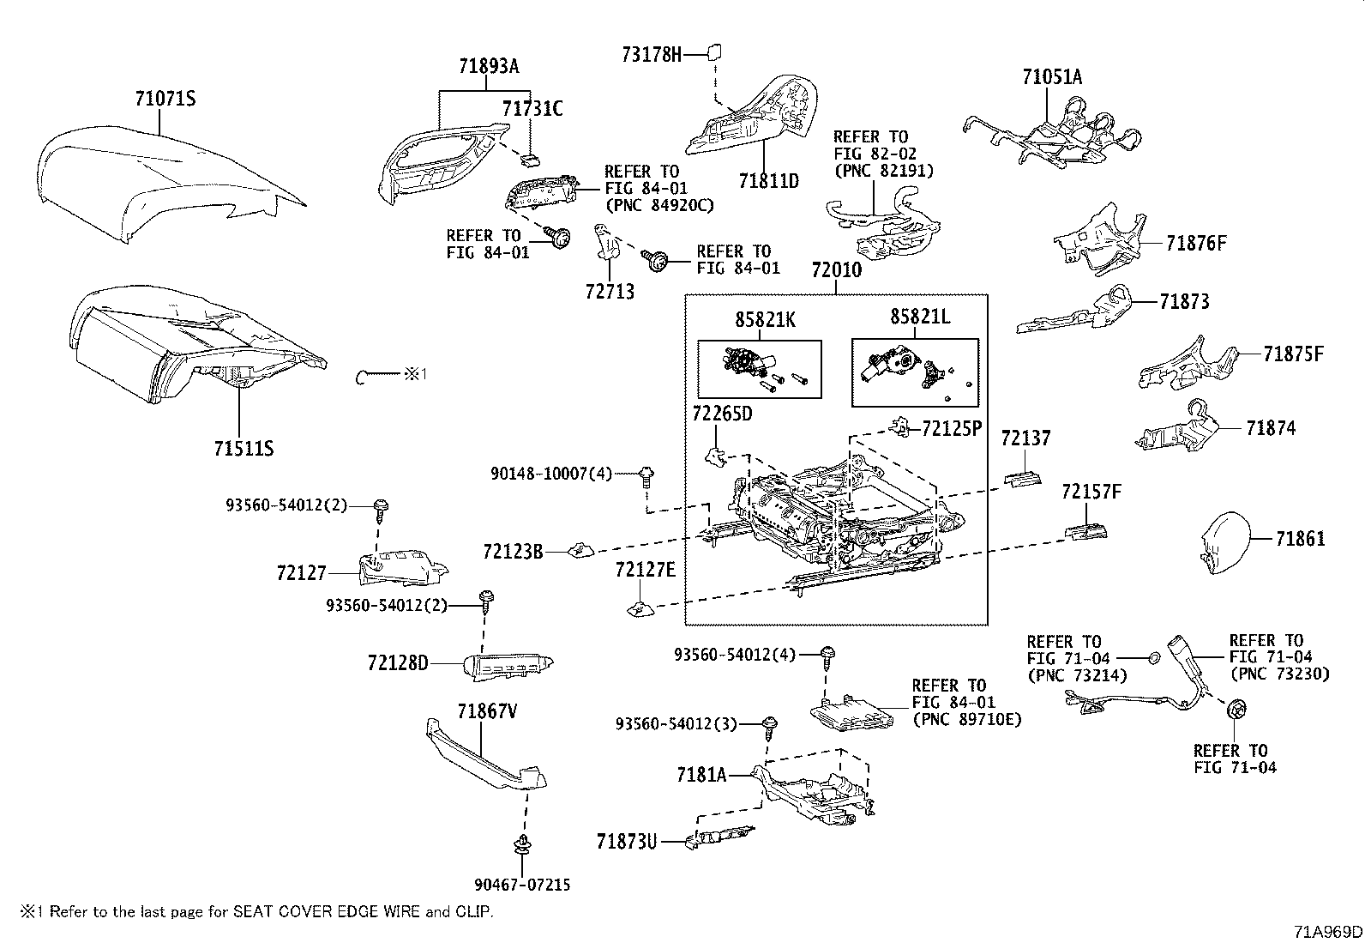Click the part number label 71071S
pyautogui.click(x=165, y=99)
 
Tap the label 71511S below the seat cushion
pyautogui.click(x=244, y=449)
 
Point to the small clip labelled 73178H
pyautogui.click(x=714, y=52)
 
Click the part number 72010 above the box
pyautogui.click(x=837, y=270)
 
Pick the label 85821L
pyautogui.click(x=920, y=317)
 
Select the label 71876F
pyautogui.click(x=1196, y=244)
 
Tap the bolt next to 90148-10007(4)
pyautogui.click(x=646, y=476)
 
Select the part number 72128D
pyautogui.click(x=398, y=663)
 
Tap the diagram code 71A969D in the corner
pyautogui.click(x=1328, y=932)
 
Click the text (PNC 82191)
pyautogui.click(x=884, y=171)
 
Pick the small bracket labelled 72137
pyautogui.click(x=1023, y=480)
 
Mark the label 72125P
pyautogui.click(x=951, y=429)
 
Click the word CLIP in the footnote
pyautogui.click(x=473, y=912)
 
